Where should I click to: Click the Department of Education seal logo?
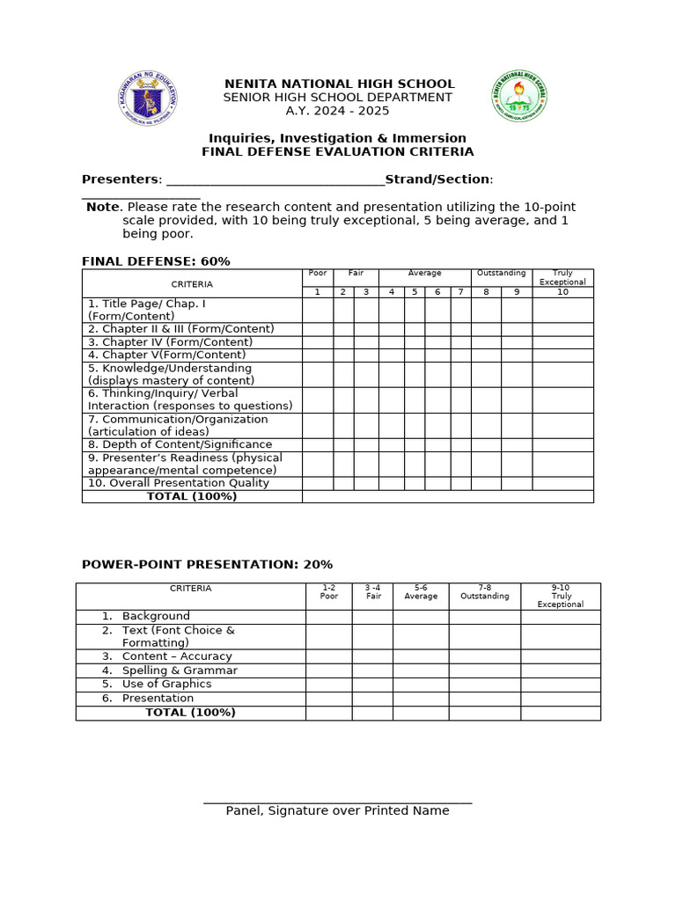pyautogui.click(x=146, y=97)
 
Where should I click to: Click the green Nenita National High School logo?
pyautogui.click(x=518, y=97)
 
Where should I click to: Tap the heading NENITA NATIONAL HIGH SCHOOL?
pyautogui.click(x=339, y=84)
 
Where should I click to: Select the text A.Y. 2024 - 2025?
pyautogui.click(x=338, y=111)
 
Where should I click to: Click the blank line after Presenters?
pyautogui.click(x=275, y=179)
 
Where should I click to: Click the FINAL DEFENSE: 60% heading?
pyautogui.click(x=156, y=261)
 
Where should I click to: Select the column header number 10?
pyautogui.click(x=562, y=292)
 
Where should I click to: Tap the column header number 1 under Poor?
pyautogui.click(x=317, y=292)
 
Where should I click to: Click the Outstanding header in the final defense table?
pyautogui.click(x=501, y=274)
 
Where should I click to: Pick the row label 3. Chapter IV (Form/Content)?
pyautogui.click(x=170, y=342)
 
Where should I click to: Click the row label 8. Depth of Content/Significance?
pyautogui.click(x=180, y=444)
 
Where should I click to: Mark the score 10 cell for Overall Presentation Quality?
pyautogui.click(x=562, y=483)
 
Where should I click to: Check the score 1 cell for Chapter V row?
pyautogui.click(x=317, y=355)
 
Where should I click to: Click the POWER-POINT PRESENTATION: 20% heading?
pyautogui.click(x=207, y=565)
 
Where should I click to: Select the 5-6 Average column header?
pyautogui.click(x=421, y=591)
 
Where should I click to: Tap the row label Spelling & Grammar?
pyautogui.click(x=180, y=670)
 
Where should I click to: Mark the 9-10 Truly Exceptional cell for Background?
pyautogui.click(x=560, y=617)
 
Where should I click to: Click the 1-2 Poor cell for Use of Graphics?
pyautogui.click(x=329, y=685)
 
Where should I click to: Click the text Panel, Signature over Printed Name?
pyautogui.click(x=337, y=810)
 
